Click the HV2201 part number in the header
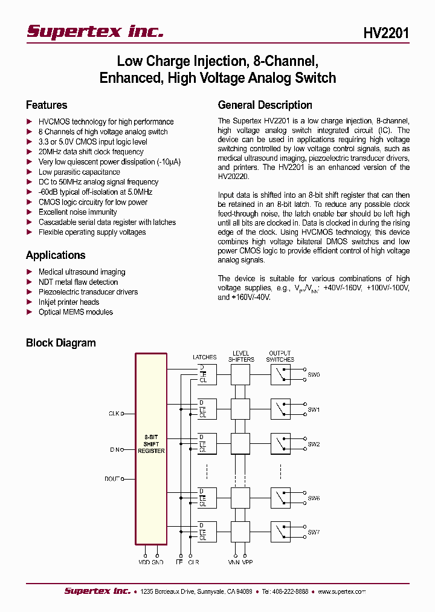[386, 33]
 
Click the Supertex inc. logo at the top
[95, 31]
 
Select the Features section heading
[47, 105]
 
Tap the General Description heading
[265, 105]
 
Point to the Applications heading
[56, 255]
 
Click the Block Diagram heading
[60, 343]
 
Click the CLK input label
[114, 414]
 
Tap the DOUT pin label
[112, 479]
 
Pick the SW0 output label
[314, 375]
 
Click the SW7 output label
[314, 532]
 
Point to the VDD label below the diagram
[144, 562]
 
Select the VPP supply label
[247, 562]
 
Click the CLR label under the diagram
[193, 562]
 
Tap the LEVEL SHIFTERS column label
[241, 356]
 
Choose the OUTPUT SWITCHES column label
[280, 356]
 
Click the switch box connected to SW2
[280, 444]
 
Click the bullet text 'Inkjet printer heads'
[69, 302]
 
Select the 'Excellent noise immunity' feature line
[77, 212]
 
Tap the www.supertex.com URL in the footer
[341, 591]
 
